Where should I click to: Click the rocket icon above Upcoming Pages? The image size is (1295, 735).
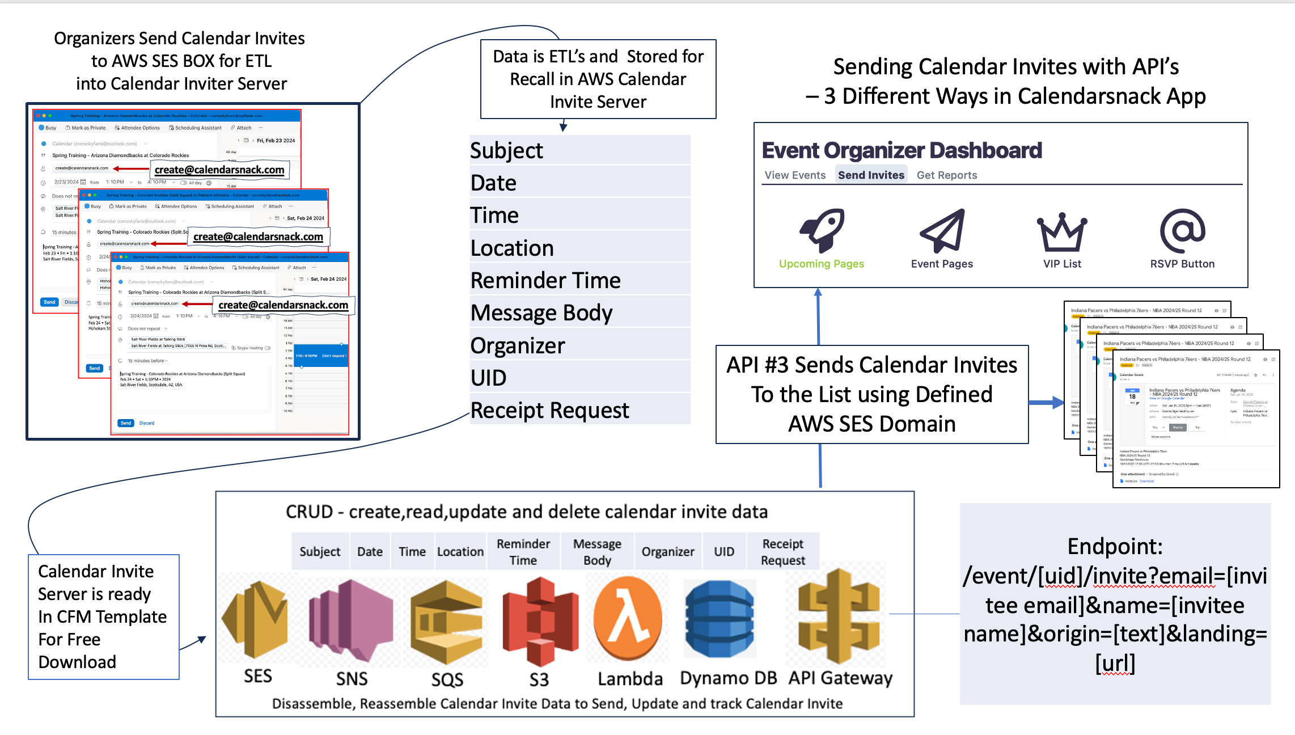click(x=822, y=230)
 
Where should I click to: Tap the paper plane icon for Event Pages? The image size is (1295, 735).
click(x=942, y=230)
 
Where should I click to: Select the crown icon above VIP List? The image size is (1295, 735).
click(x=1062, y=232)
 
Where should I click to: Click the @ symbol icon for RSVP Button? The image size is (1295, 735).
click(x=1182, y=230)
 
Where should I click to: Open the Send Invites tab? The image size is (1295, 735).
click(x=871, y=175)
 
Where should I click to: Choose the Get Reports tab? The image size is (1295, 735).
click(x=947, y=175)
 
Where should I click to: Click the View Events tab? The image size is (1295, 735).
click(x=795, y=175)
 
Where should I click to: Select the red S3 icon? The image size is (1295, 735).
click(x=540, y=620)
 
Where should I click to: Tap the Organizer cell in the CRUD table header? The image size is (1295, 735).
click(x=668, y=551)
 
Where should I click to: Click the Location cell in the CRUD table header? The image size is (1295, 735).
click(x=460, y=551)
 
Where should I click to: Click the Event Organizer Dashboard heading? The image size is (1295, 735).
click(x=902, y=150)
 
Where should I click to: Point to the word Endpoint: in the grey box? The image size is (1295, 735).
click(x=1115, y=546)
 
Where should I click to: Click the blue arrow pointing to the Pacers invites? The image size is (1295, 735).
click(x=1046, y=403)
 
